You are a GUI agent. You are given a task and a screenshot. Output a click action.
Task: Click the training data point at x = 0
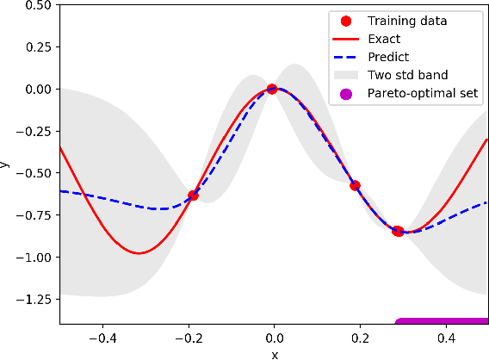coord(272,89)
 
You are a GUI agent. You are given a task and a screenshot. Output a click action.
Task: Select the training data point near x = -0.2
coord(193,196)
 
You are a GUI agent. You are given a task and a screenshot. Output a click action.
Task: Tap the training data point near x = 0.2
coord(354,185)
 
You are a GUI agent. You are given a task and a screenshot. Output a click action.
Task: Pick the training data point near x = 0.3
coord(398,231)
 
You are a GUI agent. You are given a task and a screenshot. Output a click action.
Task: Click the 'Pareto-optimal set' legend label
coord(423,93)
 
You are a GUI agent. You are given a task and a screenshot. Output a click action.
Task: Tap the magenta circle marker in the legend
coord(346,93)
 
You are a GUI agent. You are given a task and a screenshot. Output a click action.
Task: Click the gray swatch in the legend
coord(346,74)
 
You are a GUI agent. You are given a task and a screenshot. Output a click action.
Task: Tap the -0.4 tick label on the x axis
coord(102,338)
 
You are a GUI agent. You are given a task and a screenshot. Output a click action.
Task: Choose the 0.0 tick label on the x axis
coord(274,338)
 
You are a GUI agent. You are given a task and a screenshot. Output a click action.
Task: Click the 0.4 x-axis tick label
coord(445,338)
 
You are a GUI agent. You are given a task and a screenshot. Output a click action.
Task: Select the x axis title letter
coord(274,353)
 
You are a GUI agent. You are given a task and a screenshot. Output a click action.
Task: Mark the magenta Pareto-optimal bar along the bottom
coord(442,321)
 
